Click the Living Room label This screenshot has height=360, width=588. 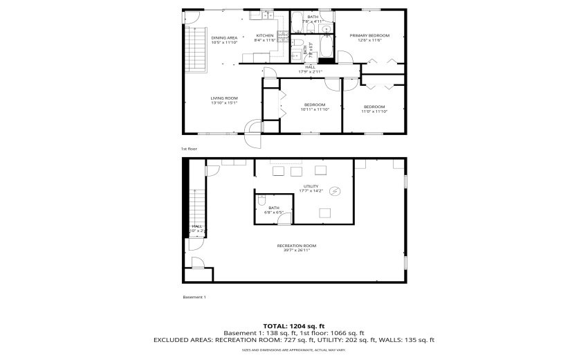coord(224,98)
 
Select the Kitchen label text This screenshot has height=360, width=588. coord(265,35)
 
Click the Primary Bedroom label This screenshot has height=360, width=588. coord(369,35)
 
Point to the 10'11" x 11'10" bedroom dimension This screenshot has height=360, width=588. coord(315,109)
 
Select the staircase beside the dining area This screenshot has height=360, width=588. coord(198,48)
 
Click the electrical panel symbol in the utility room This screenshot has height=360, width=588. coord(336,191)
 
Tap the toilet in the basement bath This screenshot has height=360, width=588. coord(261,201)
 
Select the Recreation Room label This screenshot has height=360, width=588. coord(296,246)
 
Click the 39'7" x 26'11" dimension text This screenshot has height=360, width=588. coord(296,251)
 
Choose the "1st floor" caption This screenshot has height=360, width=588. coord(189,149)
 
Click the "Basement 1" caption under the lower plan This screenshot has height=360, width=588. coord(194,297)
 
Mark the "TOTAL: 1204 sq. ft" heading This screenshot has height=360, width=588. coord(294,326)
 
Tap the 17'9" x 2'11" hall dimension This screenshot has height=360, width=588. coord(311,71)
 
